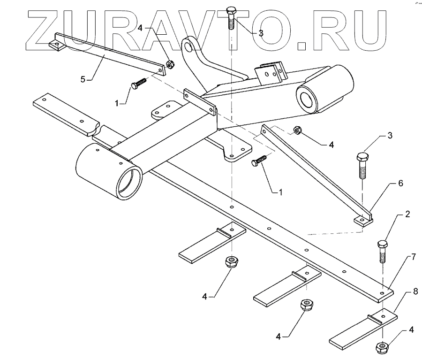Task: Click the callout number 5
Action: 83,79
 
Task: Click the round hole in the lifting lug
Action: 188,46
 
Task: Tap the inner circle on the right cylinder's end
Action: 308,100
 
